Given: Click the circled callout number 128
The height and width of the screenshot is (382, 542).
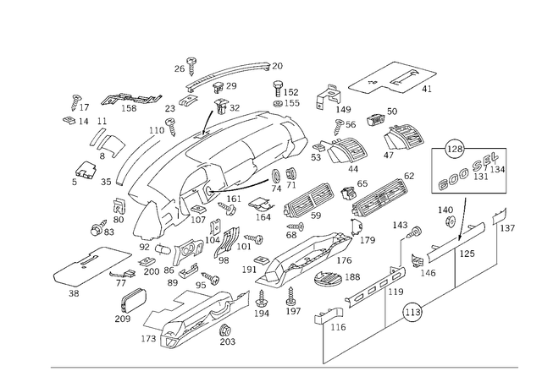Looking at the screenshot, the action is pos(455,149).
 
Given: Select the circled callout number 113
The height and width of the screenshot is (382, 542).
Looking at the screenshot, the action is pos(412,313).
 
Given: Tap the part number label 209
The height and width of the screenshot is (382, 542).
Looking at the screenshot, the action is pos(123,319).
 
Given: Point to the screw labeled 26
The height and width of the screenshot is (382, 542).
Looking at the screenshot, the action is pos(191,66).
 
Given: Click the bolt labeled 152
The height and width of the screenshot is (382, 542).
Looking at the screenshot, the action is pos(278,89).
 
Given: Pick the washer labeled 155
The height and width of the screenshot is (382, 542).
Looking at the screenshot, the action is pos(278,103).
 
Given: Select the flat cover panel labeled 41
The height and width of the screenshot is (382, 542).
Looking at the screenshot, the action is pos(393,78).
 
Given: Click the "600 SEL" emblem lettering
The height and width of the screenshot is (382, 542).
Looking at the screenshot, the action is pos(467,172).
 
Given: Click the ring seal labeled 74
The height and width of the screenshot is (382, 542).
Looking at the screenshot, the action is pos(276,176).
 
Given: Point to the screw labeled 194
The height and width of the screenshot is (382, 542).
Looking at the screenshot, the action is pos(261,298).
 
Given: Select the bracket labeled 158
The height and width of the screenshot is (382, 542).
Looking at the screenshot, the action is pos(130,99).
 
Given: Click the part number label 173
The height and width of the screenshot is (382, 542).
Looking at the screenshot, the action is pos(149,339).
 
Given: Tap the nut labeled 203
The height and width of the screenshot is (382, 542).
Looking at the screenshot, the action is pos(226,330).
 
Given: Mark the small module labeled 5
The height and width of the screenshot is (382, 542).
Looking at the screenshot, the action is pos(86,170).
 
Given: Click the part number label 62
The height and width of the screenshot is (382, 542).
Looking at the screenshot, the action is pos(409,176).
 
